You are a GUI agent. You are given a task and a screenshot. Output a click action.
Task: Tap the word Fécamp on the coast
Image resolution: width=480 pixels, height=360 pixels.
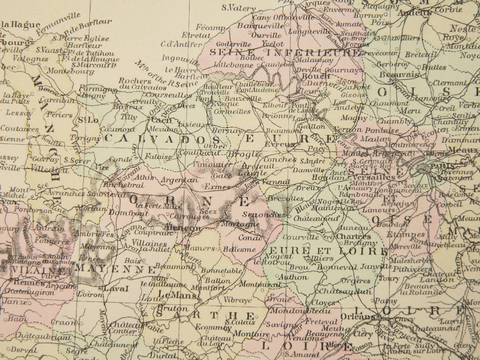coord(210,28)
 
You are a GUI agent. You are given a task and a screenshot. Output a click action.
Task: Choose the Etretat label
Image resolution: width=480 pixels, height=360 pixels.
coord(196,35)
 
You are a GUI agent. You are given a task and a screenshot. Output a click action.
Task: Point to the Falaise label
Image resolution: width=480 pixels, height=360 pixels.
coord(158,156)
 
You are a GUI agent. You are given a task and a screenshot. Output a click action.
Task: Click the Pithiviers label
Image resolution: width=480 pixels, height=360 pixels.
coord(403,269)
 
